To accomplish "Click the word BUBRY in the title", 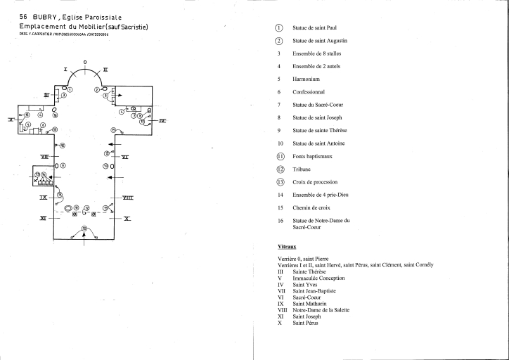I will pos(35,15).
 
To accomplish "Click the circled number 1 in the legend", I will pos(279,27).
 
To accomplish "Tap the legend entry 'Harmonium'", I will pos(307,79).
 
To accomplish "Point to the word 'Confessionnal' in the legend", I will pos(310,92).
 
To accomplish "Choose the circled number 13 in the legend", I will pos(279,183).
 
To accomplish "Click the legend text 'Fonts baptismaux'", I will pos(314,157).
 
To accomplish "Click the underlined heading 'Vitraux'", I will pos(286,247).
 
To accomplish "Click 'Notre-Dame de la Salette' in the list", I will pos(321,310).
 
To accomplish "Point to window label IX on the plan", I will pos(43,198).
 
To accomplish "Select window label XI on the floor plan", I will pos(43,219).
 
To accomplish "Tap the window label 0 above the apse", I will pos(85,63).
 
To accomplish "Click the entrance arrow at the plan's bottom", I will pos(85,235).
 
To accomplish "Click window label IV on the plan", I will pos(162,121).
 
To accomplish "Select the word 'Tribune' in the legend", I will pos(302,169).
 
